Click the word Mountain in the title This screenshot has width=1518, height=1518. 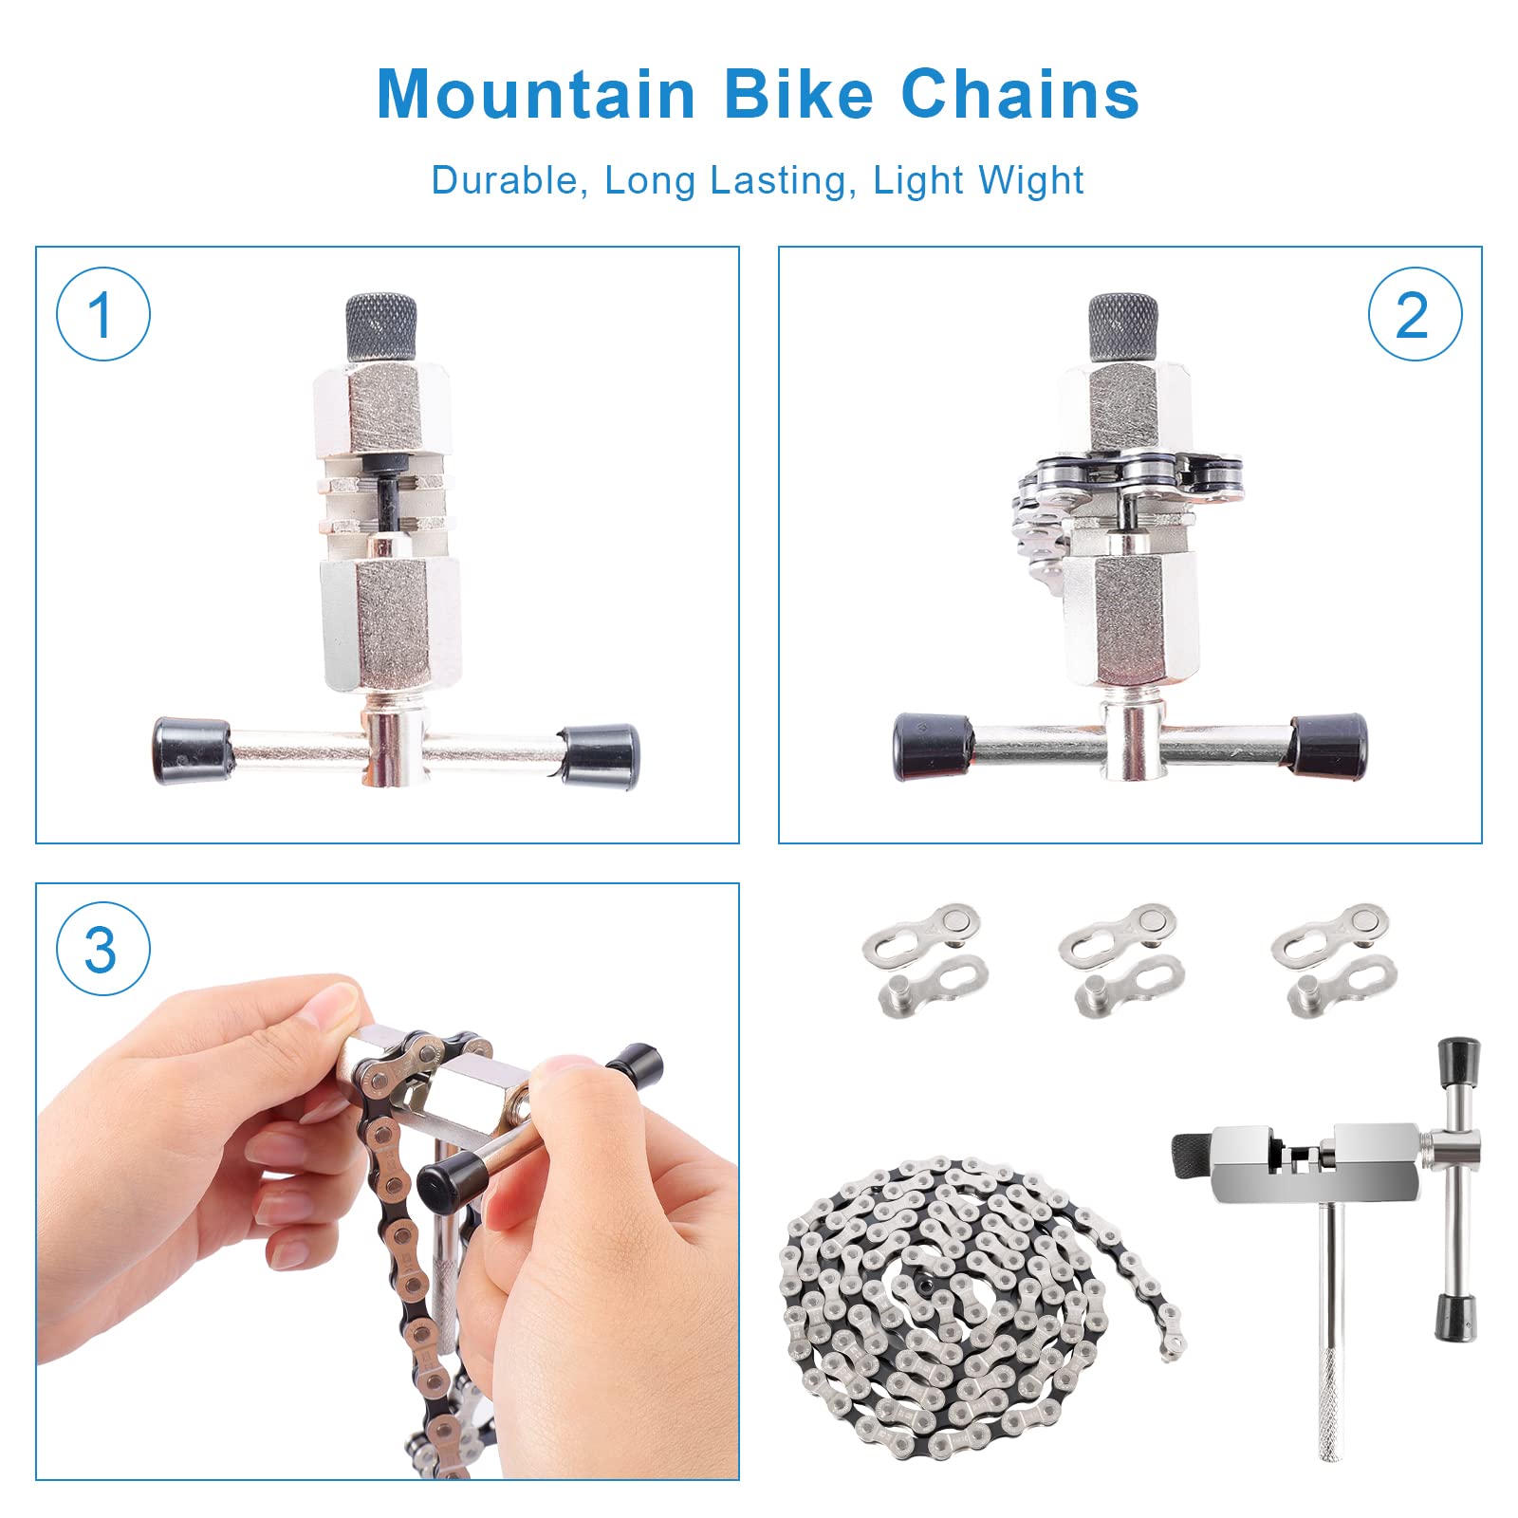[536, 95]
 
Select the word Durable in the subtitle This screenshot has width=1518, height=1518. [504, 180]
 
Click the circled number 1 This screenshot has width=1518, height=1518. [102, 314]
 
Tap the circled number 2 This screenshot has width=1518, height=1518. [1414, 314]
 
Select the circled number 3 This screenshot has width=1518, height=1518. [102, 949]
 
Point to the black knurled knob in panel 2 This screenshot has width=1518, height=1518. [1123, 326]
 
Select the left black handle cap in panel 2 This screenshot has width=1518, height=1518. [933, 747]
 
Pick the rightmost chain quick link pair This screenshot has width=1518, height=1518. [1334, 958]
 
